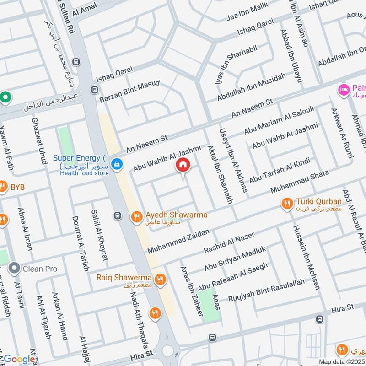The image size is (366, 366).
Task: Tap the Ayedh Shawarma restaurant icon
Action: (x=136, y=217)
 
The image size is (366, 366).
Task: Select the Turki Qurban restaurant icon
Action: (x=287, y=203)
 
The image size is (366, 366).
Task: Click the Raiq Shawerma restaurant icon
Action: (x=160, y=279)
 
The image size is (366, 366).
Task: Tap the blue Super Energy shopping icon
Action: (x=117, y=163)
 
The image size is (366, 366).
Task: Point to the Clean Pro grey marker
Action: (x=15, y=269)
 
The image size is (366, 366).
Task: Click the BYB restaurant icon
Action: (x=3, y=187)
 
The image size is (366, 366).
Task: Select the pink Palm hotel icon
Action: (x=342, y=88)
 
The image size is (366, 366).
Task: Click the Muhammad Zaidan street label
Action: (x=178, y=242)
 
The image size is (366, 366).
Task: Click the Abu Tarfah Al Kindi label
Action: (x=280, y=170)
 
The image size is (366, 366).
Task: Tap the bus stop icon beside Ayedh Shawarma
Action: (x=118, y=215)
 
